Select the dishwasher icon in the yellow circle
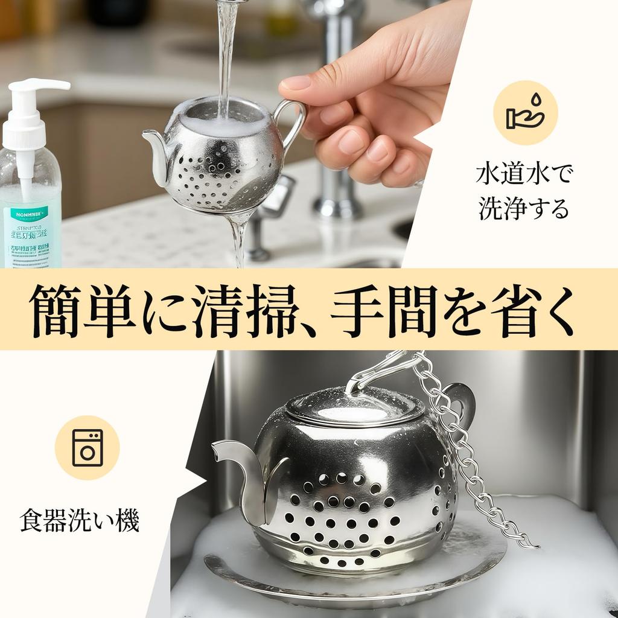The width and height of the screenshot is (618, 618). pyautogui.click(x=87, y=447)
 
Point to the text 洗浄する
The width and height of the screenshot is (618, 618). pyautogui.click(x=524, y=208)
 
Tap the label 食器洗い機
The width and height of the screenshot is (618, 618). pyautogui.click(x=80, y=521)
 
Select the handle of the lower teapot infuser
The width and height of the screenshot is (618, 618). pyautogui.click(x=462, y=401)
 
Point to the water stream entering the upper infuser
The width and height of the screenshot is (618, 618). pyautogui.click(x=226, y=60)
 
